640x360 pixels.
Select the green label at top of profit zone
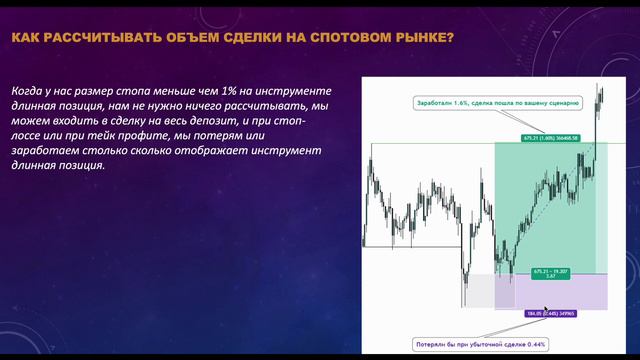550,138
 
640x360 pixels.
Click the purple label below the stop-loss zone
550,313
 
